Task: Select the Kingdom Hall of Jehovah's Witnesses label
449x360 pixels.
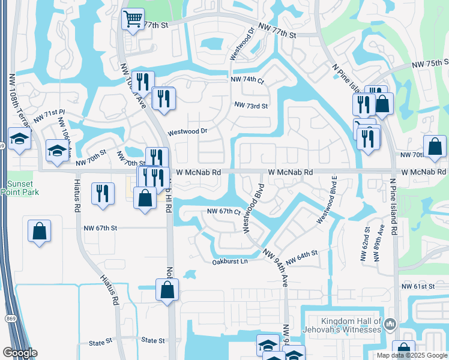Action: click(351, 325)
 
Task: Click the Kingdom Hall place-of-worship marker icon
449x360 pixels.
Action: click(390, 324)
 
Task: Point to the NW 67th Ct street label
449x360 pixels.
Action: click(224, 212)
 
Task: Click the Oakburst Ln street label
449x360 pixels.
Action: click(230, 262)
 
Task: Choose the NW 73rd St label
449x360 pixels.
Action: click(251, 105)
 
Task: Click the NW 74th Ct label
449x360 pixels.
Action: click(247, 79)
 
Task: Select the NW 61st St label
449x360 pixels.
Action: click(418, 287)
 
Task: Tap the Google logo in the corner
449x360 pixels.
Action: click(19, 353)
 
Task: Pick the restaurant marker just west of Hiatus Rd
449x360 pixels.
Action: click(103, 193)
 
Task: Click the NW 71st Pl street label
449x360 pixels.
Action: click(49, 116)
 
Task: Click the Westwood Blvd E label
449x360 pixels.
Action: click(328, 201)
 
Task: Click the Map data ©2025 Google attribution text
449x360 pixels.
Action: click(411, 355)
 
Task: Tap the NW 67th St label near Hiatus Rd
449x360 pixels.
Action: click(100, 228)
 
